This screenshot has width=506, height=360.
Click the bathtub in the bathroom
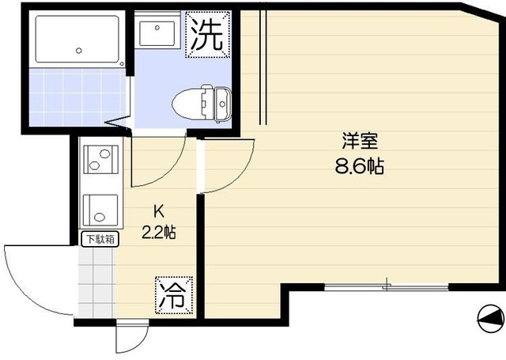pyautogui.click(x=76, y=40)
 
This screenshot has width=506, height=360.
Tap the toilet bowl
pyautogui.click(x=187, y=100)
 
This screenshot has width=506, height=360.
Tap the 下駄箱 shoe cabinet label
pyautogui.click(x=99, y=237)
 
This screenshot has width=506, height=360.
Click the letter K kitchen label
pyautogui.click(x=158, y=211)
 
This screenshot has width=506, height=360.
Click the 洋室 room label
pyautogui.click(x=359, y=142)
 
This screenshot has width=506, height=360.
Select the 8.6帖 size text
pyautogui.click(x=359, y=167)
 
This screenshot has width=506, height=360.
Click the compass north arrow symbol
pyautogui.click(x=490, y=318)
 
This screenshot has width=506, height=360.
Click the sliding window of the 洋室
pyautogui.click(x=386, y=286)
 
